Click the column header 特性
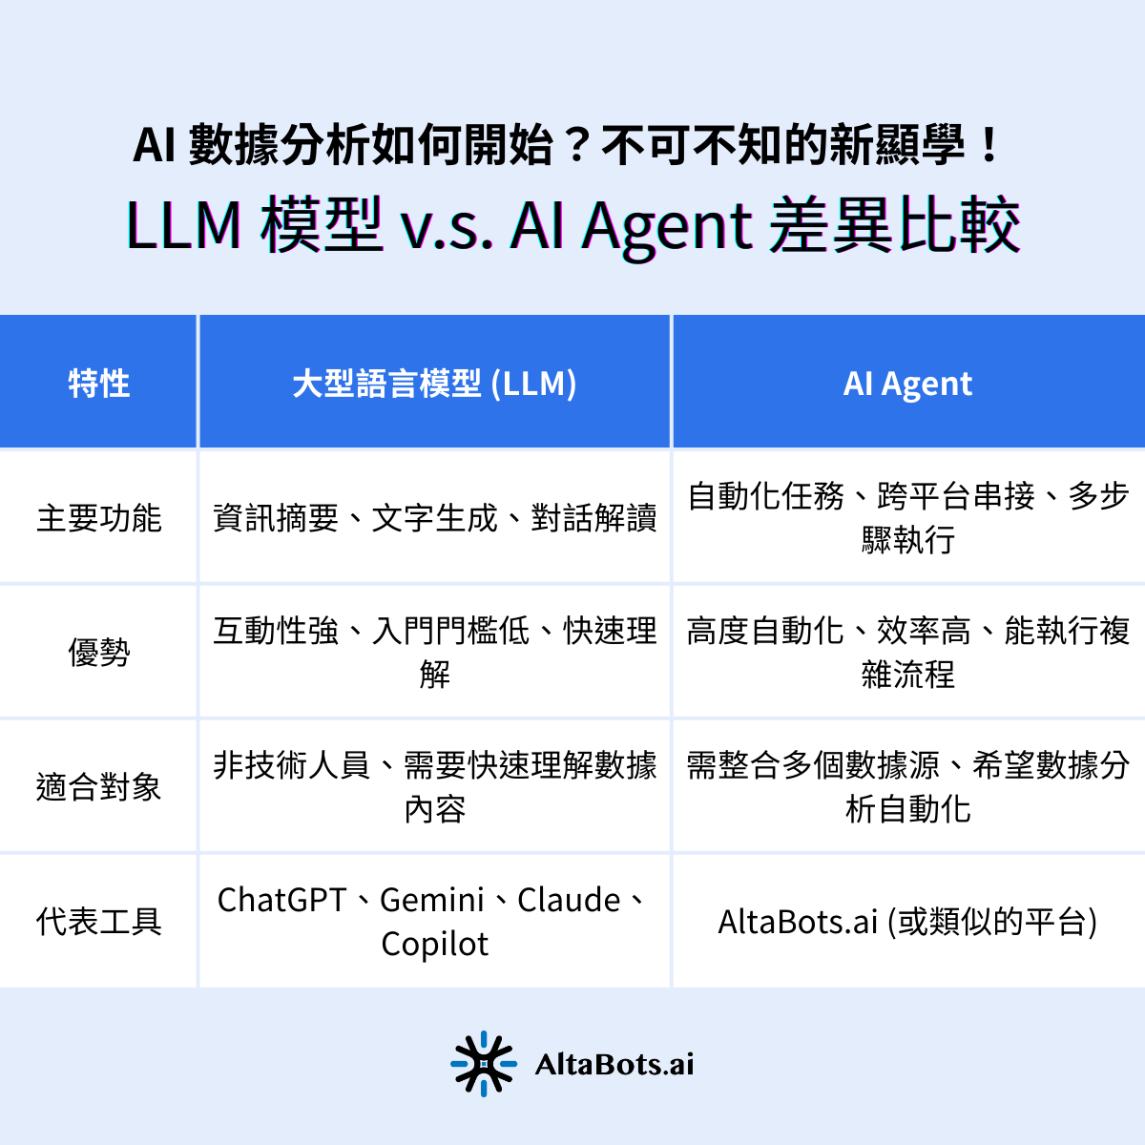[x=98, y=384]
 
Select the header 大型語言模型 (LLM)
[x=434, y=384]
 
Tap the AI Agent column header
[x=907, y=384]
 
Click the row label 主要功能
[x=98, y=518]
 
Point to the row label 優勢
[x=98, y=653]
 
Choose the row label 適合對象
[x=98, y=787]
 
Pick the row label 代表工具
[x=98, y=922]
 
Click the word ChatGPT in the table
[x=281, y=900]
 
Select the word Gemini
[x=432, y=900]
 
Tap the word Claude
[x=569, y=900]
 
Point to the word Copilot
[x=434, y=945]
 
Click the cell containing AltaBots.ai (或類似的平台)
[x=907, y=922]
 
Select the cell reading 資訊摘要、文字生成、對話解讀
[x=434, y=518]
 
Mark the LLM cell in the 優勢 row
[x=434, y=653]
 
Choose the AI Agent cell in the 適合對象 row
[x=907, y=787]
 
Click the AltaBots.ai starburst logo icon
[x=484, y=1063]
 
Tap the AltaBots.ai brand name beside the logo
[x=614, y=1064]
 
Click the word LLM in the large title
[x=183, y=226]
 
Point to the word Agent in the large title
[x=667, y=228]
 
